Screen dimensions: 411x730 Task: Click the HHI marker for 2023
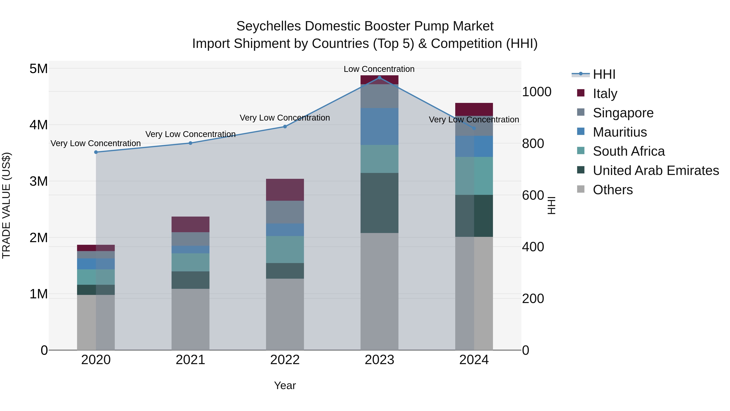[x=379, y=78]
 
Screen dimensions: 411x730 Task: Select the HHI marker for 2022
[x=285, y=126]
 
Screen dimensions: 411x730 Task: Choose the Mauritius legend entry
[x=619, y=132]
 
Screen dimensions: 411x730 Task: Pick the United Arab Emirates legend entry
[x=655, y=170]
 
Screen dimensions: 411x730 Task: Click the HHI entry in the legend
[x=604, y=74]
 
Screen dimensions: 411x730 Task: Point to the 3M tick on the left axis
[x=39, y=181]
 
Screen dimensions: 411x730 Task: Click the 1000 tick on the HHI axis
[x=536, y=92]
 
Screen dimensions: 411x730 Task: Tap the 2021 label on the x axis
[x=190, y=360]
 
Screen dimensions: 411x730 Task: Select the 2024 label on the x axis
[x=474, y=360]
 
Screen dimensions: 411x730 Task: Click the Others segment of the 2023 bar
[x=379, y=291]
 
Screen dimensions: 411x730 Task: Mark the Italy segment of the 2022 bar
[x=285, y=190]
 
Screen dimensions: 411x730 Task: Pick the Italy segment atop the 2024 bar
[x=474, y=109]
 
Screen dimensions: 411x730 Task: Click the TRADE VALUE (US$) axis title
[x=6, y=205]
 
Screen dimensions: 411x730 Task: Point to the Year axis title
[x=285, y=385]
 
